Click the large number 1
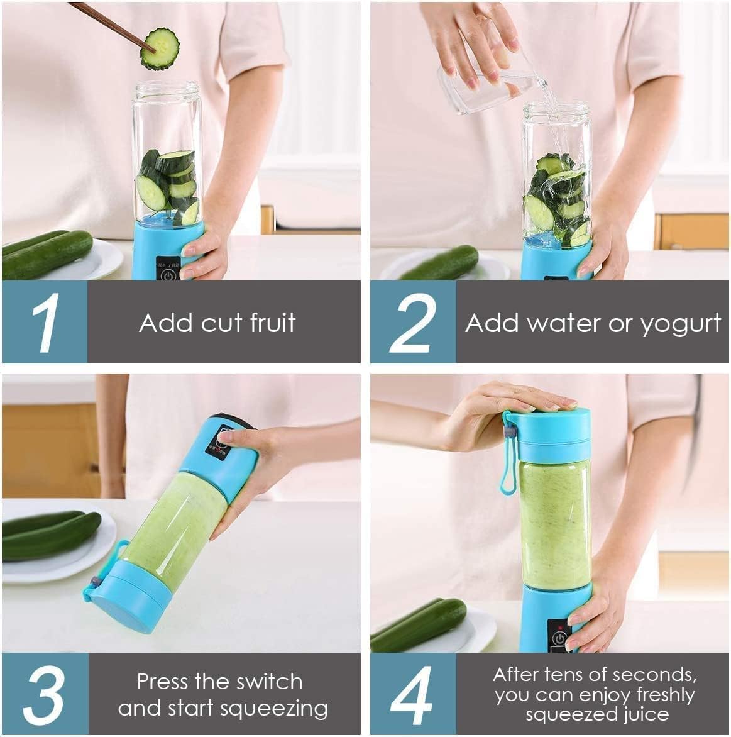click(45, 322)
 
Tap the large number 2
click(413, 322)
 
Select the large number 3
click(45, 694)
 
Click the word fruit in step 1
click(272, 323)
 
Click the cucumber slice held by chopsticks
click(160, 48)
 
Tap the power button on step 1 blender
click(168, 274)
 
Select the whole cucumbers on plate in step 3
click(50, 535)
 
